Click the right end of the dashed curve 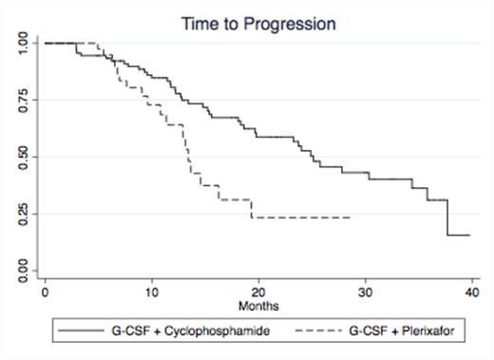tap(351, 218)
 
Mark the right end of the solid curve tap(469, 236)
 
